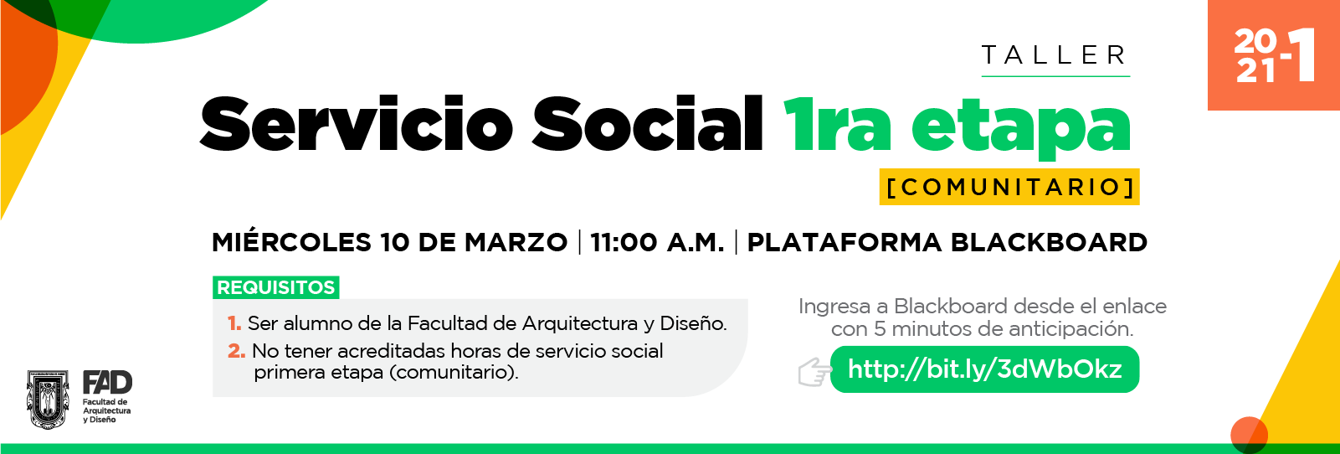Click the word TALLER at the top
click(1055, 55)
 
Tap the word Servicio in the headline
click(357, 125)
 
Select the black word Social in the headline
click(647, 124)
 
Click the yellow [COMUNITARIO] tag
click(1009, 187)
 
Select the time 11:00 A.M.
click(657, 243)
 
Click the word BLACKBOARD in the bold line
click(1049, 243)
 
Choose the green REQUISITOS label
click(275, 287)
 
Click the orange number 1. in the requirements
click(234, 324)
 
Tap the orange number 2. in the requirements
click(236, 351)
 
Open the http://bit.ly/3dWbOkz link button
click(984, 369)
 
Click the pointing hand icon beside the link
click(814, 372)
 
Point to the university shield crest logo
click(48, 399)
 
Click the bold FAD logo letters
click(107, 382)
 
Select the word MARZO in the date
click(516, 243)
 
